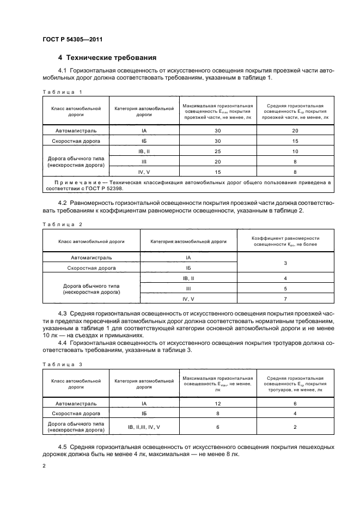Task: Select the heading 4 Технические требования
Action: tap(107, 57)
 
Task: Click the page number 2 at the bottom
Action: tap(44, 466)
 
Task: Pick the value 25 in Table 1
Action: tap(217, 151)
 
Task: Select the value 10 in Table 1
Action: tap(295, 151)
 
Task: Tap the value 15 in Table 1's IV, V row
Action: tap(217, 171)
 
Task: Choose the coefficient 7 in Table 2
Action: tap(285, 299)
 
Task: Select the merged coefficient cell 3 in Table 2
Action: tap(285, 263)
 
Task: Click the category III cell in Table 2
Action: tap(188, 289)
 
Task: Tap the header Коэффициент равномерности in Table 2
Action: tap(285, 238)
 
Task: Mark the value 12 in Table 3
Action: tap(217, 404)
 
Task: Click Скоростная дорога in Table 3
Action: tap(76, 414)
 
